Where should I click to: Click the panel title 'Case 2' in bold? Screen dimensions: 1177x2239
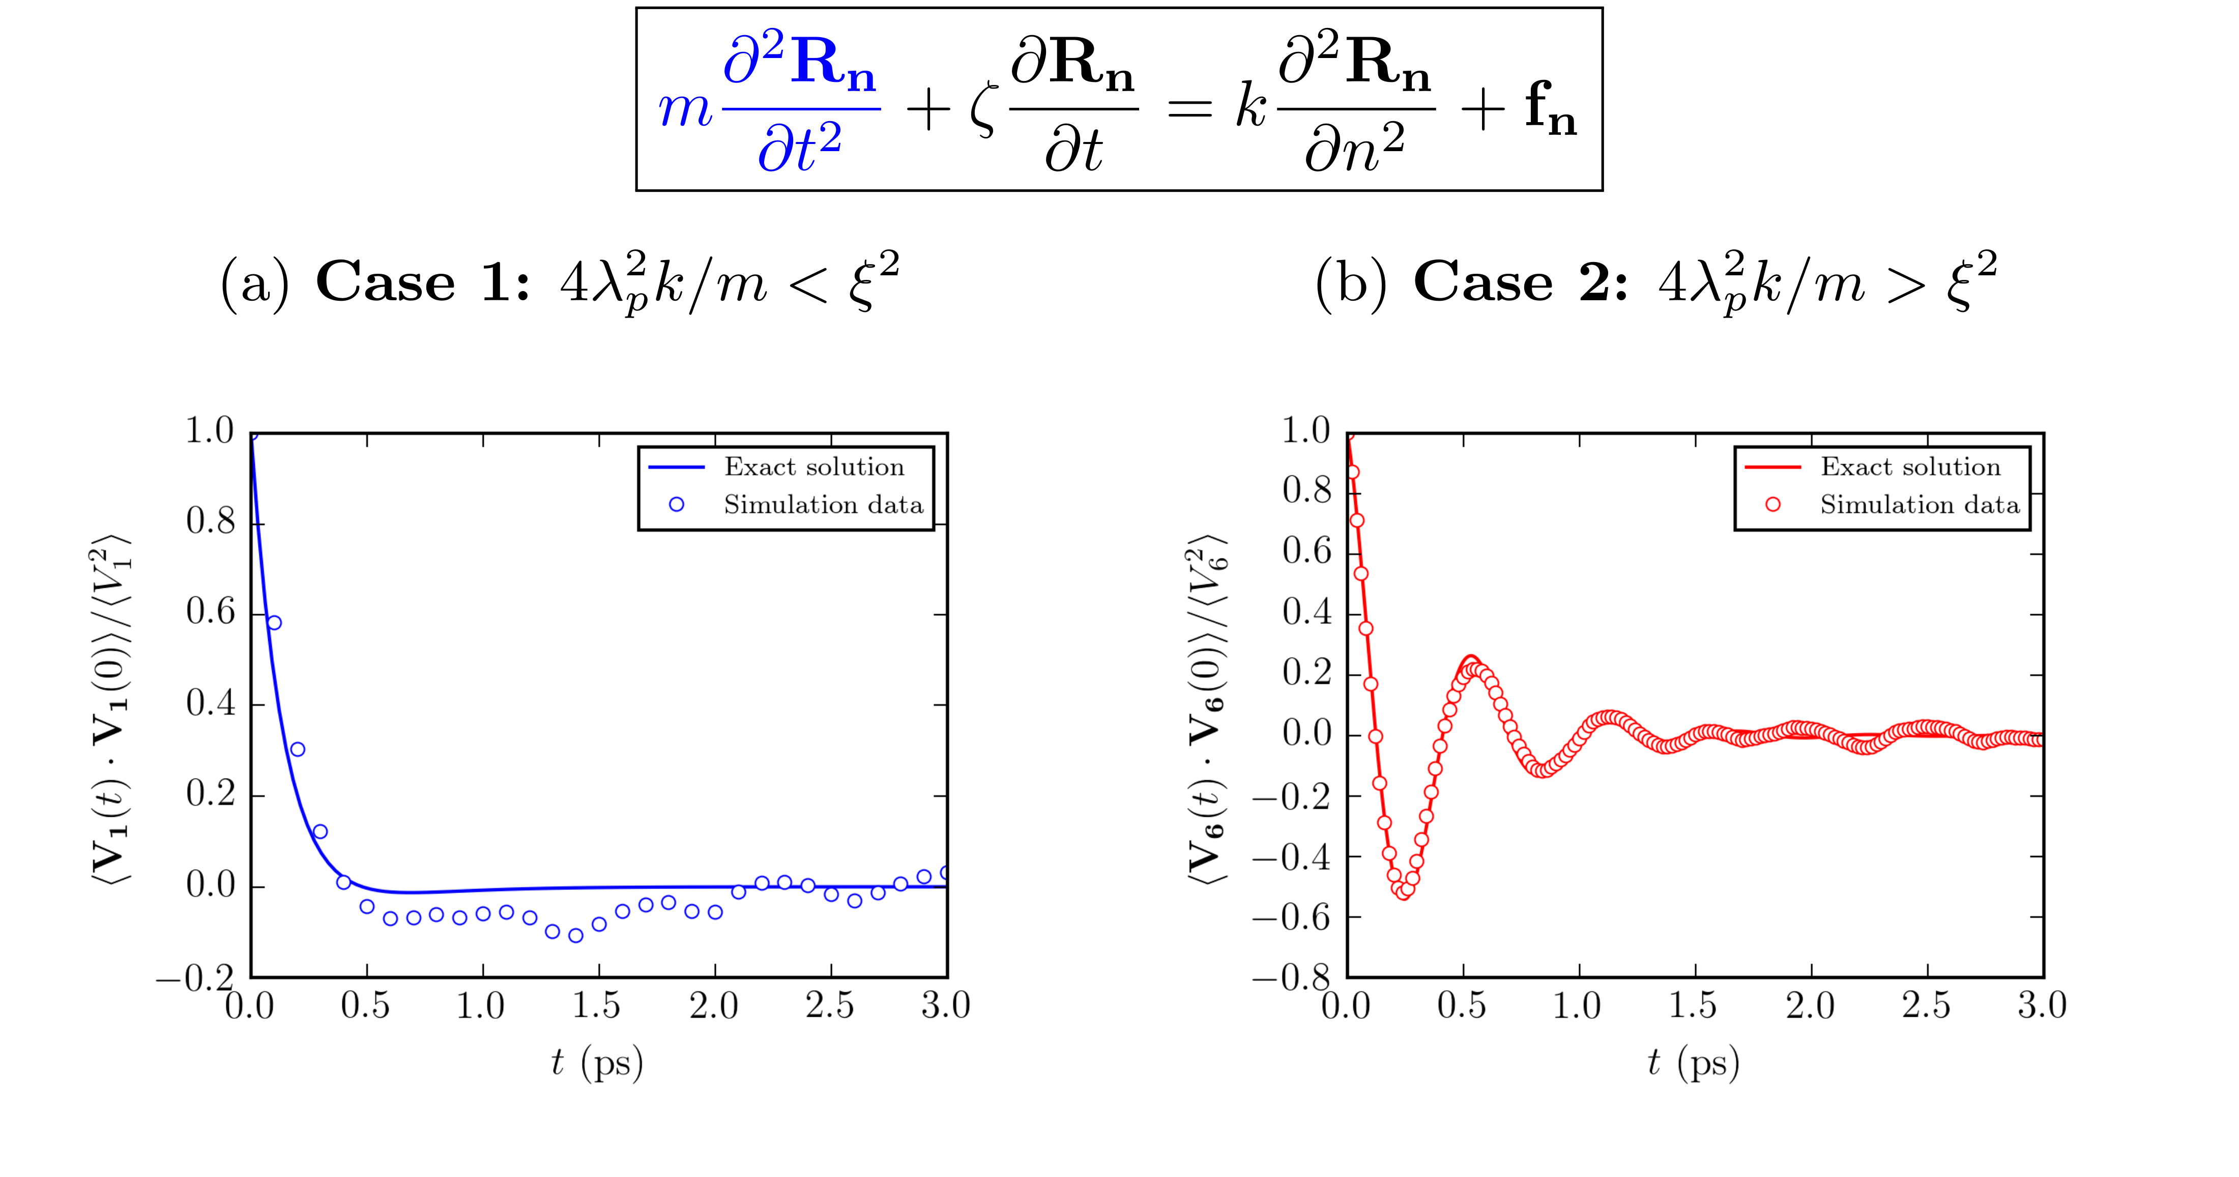[x=1521, y=282]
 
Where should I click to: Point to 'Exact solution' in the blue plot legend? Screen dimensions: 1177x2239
[x=815, y=468]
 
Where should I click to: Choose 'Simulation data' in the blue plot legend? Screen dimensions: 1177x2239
[x=823, y=505]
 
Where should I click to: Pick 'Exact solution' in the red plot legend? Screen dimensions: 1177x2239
[x=1910, y=468]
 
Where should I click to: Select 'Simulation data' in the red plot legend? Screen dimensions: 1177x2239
[x=1919, y=505]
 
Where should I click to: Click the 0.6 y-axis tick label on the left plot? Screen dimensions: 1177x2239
[x=210, y=612]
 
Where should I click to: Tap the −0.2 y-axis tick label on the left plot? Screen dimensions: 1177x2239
[x=195, y=980]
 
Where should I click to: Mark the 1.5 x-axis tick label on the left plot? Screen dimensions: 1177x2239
[x=597, y=1007]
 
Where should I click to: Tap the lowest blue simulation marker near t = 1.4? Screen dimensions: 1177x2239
[x=575, y=935]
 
